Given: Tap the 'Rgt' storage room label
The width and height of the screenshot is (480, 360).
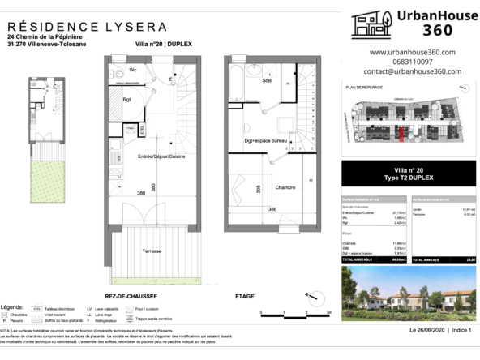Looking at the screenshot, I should tap(126, 101).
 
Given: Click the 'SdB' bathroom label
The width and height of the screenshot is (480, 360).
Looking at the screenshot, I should tap(265, 81).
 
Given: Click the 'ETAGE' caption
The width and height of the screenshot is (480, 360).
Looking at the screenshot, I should tap(245, 297).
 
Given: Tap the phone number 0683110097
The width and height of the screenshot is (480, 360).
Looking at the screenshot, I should tap(412, 62).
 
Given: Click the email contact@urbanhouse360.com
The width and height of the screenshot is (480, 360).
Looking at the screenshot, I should tap(412, 71).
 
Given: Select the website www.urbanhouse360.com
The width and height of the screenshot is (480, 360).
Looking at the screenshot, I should tap(412, 52).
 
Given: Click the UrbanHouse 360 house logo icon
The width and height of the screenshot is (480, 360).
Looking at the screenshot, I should tap(371, 23).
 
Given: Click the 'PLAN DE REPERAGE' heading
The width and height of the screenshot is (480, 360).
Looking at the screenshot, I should tap(364, 87).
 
